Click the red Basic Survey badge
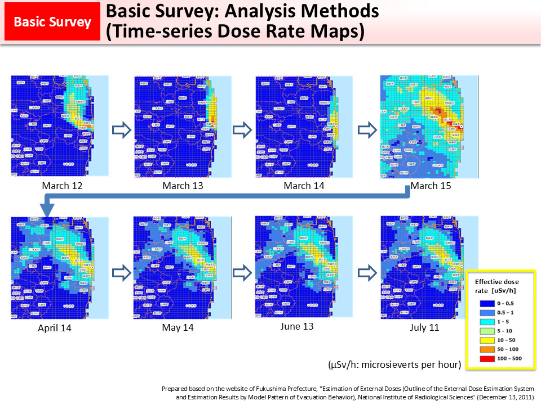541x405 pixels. (x=52, y=22)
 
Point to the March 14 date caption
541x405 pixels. (x=304, y=186)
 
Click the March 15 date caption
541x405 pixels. (x=431, y=186)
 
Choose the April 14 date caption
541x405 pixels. (x=55, y=328)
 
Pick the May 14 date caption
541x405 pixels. (x=178, y=327)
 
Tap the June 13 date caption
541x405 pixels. (x=297, y=326)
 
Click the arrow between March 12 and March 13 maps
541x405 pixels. (x=122, y=130)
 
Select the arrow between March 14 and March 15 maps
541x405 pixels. (x=367, y=130)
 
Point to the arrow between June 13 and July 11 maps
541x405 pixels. (x=367, y=273)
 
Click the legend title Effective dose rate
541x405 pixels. (x=496, y=285)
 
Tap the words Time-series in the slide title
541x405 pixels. (x=149, y=31)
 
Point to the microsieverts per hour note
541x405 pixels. (x=394, y=365)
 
